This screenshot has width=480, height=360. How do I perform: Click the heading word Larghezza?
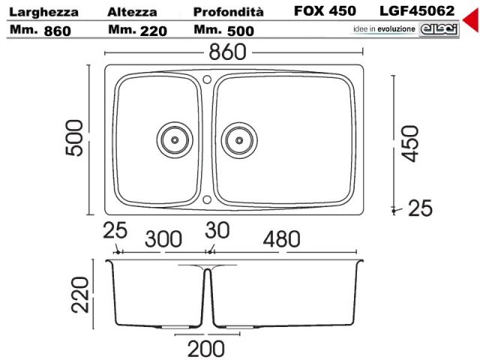click(x=43, y=13)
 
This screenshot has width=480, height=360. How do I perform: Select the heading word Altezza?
click(x=132, y=12)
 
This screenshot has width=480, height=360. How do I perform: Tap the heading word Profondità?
click(x=228, y=12)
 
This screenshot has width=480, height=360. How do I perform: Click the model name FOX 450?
click(x=325, y=11)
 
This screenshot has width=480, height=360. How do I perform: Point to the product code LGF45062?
click(x=417, y=11)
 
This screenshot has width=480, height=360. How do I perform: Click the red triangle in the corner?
click(x=472, y=20)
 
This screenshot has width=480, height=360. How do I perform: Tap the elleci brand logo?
click(x=439, y=30)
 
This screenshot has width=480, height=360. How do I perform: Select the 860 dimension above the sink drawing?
click(x=227, y=52)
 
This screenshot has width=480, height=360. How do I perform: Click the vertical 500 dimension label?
click(x=74, y=138)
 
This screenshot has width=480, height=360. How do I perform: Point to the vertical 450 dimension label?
click(x=410, y=143)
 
